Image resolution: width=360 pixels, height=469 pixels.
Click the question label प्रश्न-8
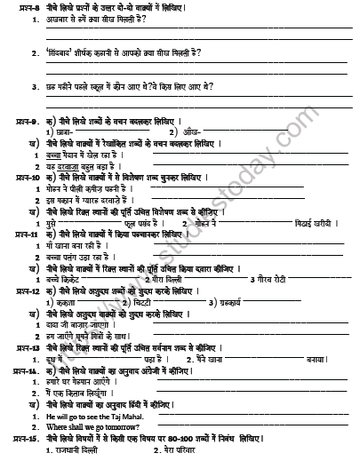point(17,8)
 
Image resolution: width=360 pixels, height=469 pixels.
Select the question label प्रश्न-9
point(17,118)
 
